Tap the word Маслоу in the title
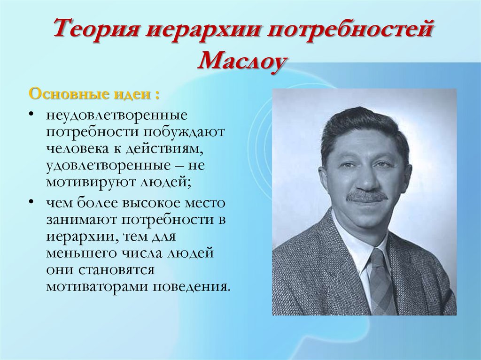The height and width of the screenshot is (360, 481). click(241, 61)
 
